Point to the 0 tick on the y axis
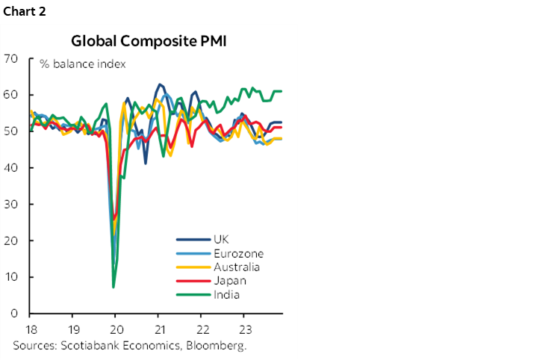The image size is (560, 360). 15,314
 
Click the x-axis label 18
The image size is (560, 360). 30,329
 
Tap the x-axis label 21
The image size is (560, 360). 158,329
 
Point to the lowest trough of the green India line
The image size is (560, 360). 113,287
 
